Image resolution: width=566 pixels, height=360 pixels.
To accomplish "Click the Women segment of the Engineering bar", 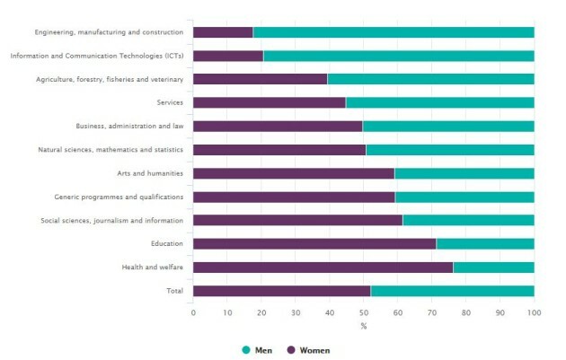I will coord(223,32).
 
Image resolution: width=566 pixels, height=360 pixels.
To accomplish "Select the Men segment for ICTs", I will coord(398,56).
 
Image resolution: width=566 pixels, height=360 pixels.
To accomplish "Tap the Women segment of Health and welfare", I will coord(323,267).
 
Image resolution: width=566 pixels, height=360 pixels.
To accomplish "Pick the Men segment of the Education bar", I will coord(485,243).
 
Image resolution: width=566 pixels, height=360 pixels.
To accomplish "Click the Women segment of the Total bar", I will coord(281,290).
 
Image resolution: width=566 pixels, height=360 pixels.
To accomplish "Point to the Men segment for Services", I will coord(439,102).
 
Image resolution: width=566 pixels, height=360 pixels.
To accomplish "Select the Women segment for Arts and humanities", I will coord(293,173).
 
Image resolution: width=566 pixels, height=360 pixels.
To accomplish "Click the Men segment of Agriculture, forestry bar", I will coord(430,79).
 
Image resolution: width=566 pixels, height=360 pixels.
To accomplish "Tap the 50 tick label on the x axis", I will coord(364,312).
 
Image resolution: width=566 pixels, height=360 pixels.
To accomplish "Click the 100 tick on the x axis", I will coord(534,312).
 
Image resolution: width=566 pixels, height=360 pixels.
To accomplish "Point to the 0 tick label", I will coord(193,312).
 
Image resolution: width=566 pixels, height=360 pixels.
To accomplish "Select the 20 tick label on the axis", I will coord(261,312).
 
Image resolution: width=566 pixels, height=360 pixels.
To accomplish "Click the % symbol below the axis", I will coord(363,325).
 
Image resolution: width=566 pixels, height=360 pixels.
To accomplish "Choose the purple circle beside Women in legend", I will coord(291,349).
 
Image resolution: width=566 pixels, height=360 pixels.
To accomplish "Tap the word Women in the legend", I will coord(315,349).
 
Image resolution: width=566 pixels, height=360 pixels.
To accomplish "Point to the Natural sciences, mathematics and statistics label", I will coord(111,150).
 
